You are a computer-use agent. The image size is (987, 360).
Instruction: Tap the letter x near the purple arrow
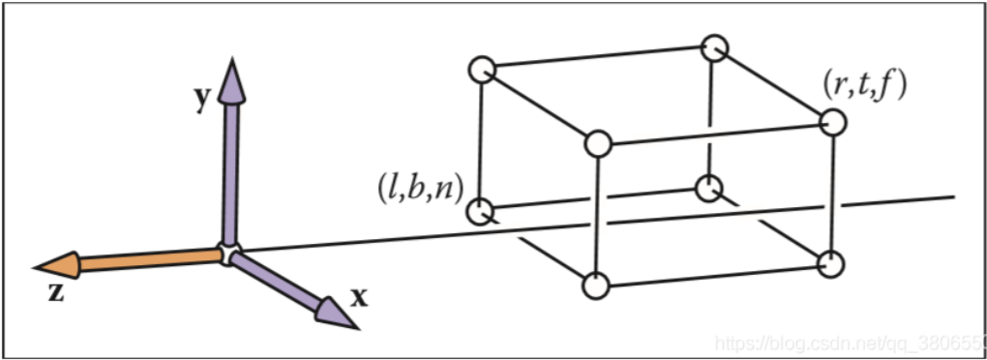tap(359, 296)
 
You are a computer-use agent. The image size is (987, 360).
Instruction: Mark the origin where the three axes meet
tap(229, 254)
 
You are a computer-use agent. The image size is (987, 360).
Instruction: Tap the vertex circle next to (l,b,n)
tap(480, 210)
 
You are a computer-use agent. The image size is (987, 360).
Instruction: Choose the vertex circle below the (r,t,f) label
tap(833, 123)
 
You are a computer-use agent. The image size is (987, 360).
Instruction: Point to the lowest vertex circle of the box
tap(597, 286)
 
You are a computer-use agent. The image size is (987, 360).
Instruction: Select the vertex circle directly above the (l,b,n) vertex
tap(481, 69)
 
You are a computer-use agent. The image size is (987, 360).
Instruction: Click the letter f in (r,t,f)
tap(896, 85)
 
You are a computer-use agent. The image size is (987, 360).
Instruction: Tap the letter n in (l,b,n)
tap(444, 190)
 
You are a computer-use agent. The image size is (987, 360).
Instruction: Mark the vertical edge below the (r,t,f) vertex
tap(832, 193)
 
